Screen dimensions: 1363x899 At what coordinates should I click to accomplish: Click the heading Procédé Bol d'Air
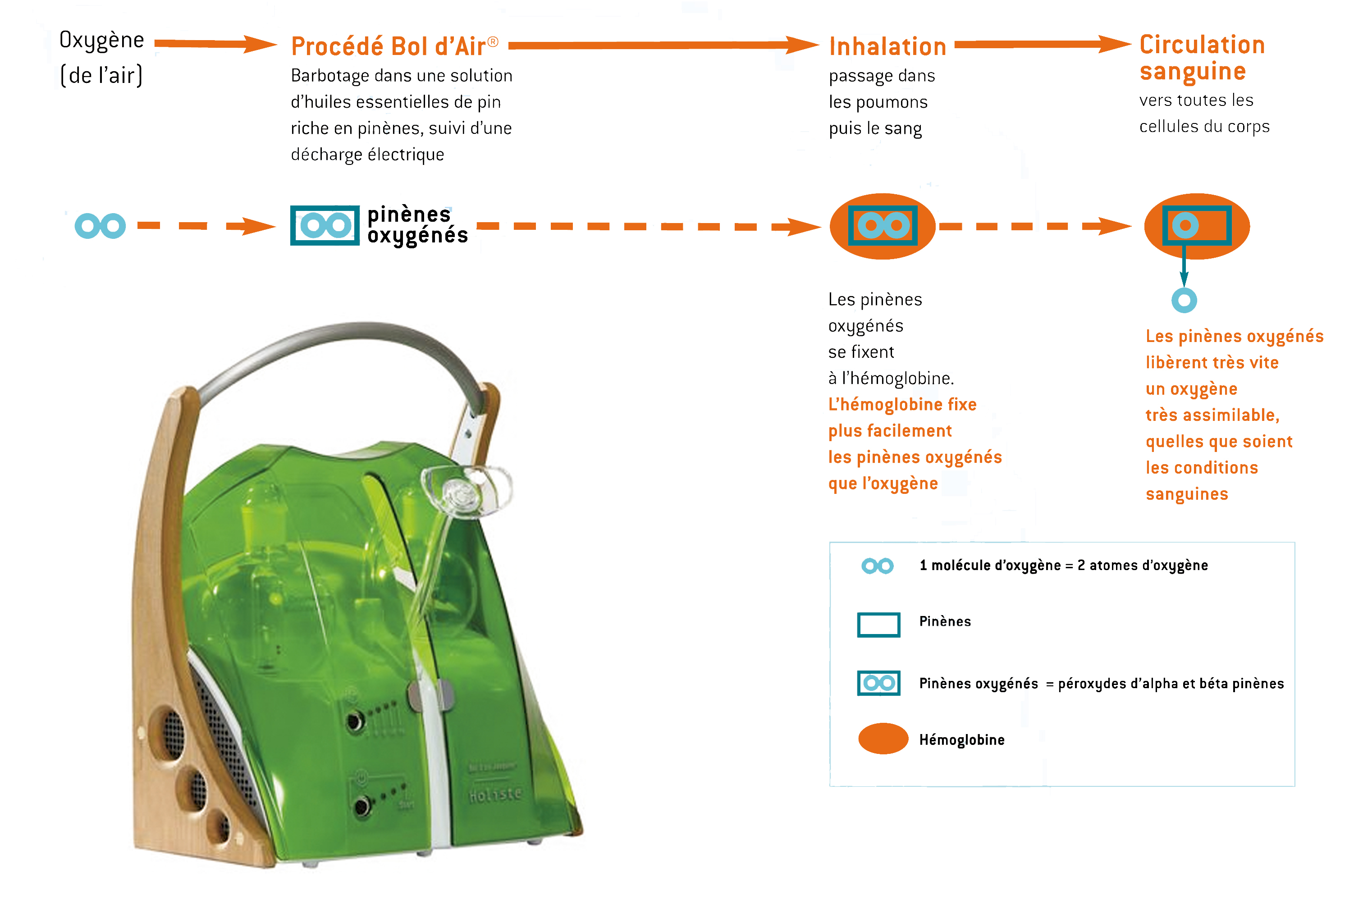(388, 46)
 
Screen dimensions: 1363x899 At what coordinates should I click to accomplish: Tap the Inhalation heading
(887, 47)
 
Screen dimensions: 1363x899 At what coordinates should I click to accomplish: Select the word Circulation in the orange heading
(1202, 45)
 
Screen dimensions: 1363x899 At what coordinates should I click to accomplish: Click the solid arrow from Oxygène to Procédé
(215, 44)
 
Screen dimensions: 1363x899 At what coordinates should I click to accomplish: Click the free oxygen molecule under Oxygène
(101, 226)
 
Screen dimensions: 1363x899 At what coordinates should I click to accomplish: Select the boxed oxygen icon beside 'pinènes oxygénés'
(325, 225)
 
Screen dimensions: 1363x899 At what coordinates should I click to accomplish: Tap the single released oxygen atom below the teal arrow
(1184, 300)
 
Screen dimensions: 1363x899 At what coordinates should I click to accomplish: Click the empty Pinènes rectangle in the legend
(878, 625)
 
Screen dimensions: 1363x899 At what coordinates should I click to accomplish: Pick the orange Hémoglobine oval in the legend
(883, 739)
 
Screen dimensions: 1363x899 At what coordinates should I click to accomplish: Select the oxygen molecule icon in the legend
(877, 566)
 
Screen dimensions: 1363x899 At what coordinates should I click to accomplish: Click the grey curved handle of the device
(344, 344)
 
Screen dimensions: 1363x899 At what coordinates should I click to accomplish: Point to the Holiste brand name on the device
(495, 794)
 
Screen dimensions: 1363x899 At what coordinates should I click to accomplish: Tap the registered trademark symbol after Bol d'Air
(493, 41)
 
